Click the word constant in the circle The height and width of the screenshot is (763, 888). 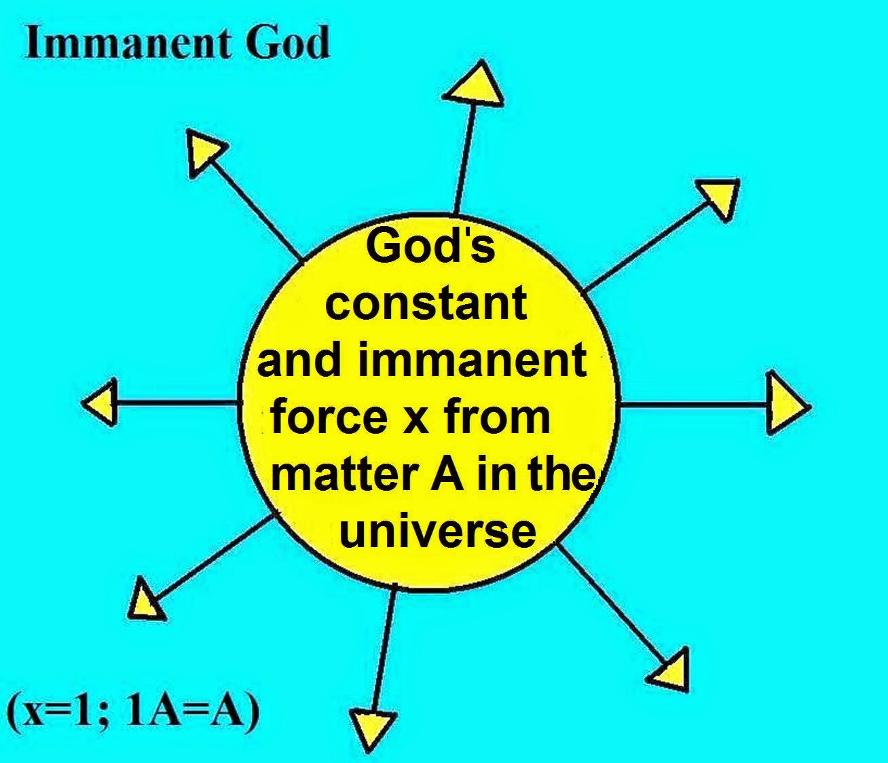(426, 302)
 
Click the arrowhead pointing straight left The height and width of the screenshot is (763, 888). (100, 402)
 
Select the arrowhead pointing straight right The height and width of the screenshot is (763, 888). (787, 403)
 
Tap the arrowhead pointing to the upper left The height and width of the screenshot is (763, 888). (203, 151)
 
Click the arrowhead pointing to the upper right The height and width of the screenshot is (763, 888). (718, 198)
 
